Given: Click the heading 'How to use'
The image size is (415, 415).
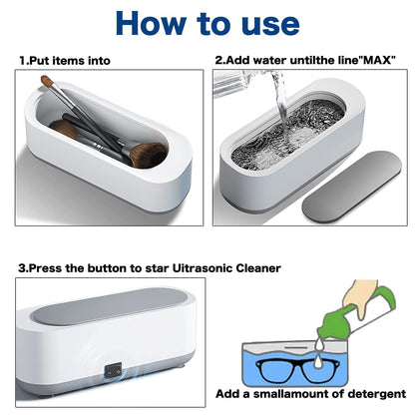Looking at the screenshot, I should [207, 23].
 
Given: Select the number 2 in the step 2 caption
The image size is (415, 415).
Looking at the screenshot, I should [218, 61].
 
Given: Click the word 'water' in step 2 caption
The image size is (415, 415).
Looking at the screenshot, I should [272, 61].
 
